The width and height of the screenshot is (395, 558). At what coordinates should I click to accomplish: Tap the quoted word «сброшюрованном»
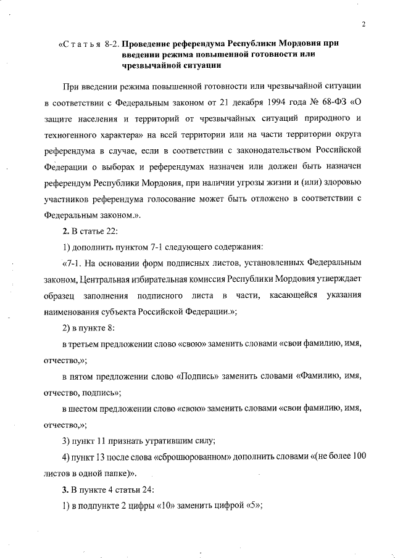click(185, 457)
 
